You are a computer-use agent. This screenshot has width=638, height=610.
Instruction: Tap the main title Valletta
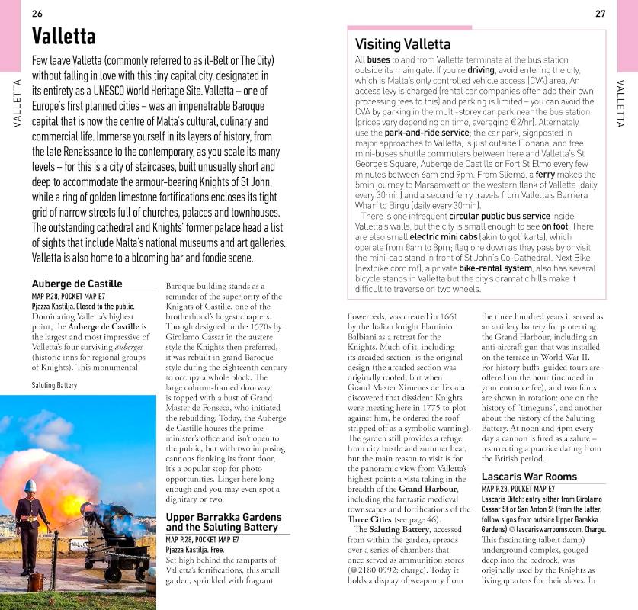[x=64, y=37]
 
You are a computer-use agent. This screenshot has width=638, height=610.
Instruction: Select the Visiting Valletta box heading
[x=402, y=44]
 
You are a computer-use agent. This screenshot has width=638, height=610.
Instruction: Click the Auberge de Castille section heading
[x=77, y=284]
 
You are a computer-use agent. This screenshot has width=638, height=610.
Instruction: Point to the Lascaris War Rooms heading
[x=529, y=477]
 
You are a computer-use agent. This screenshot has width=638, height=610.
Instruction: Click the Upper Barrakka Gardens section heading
[x=223, y=522]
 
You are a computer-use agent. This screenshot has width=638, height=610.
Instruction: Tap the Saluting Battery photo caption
[x=55, y=386]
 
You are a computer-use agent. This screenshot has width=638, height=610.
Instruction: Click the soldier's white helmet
[x=30, y=486]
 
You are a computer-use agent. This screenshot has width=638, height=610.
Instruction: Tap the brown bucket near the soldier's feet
[x=34, y=582]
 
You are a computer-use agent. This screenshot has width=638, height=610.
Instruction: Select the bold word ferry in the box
[x=545, y=174]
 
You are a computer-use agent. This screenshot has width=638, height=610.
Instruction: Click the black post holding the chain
[x=55, y=557]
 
